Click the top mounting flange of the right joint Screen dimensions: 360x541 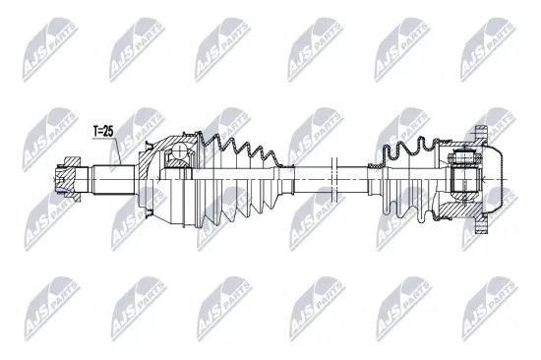pyautogui.click(x=479, y=133)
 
